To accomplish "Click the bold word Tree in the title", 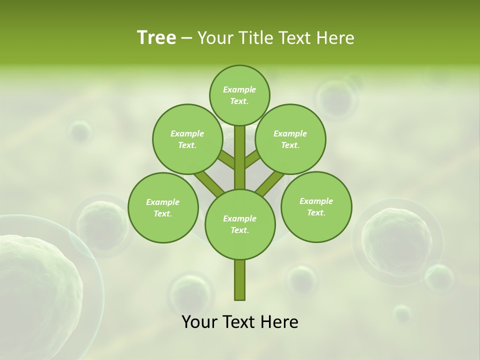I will click(156, 37).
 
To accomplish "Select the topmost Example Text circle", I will click(239, 95).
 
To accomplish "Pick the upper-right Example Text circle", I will click(290, 139).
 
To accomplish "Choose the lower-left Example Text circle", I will click(163, 207).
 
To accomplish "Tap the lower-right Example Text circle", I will click(316, 206).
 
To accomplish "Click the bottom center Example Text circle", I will click(240, 224).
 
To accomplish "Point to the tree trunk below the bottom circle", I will click(240, 280).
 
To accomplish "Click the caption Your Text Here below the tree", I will click(240, 322).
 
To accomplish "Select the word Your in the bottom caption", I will click(199, 322).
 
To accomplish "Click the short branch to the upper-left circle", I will click(226, 160).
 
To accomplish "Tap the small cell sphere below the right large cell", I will click(439, 277).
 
